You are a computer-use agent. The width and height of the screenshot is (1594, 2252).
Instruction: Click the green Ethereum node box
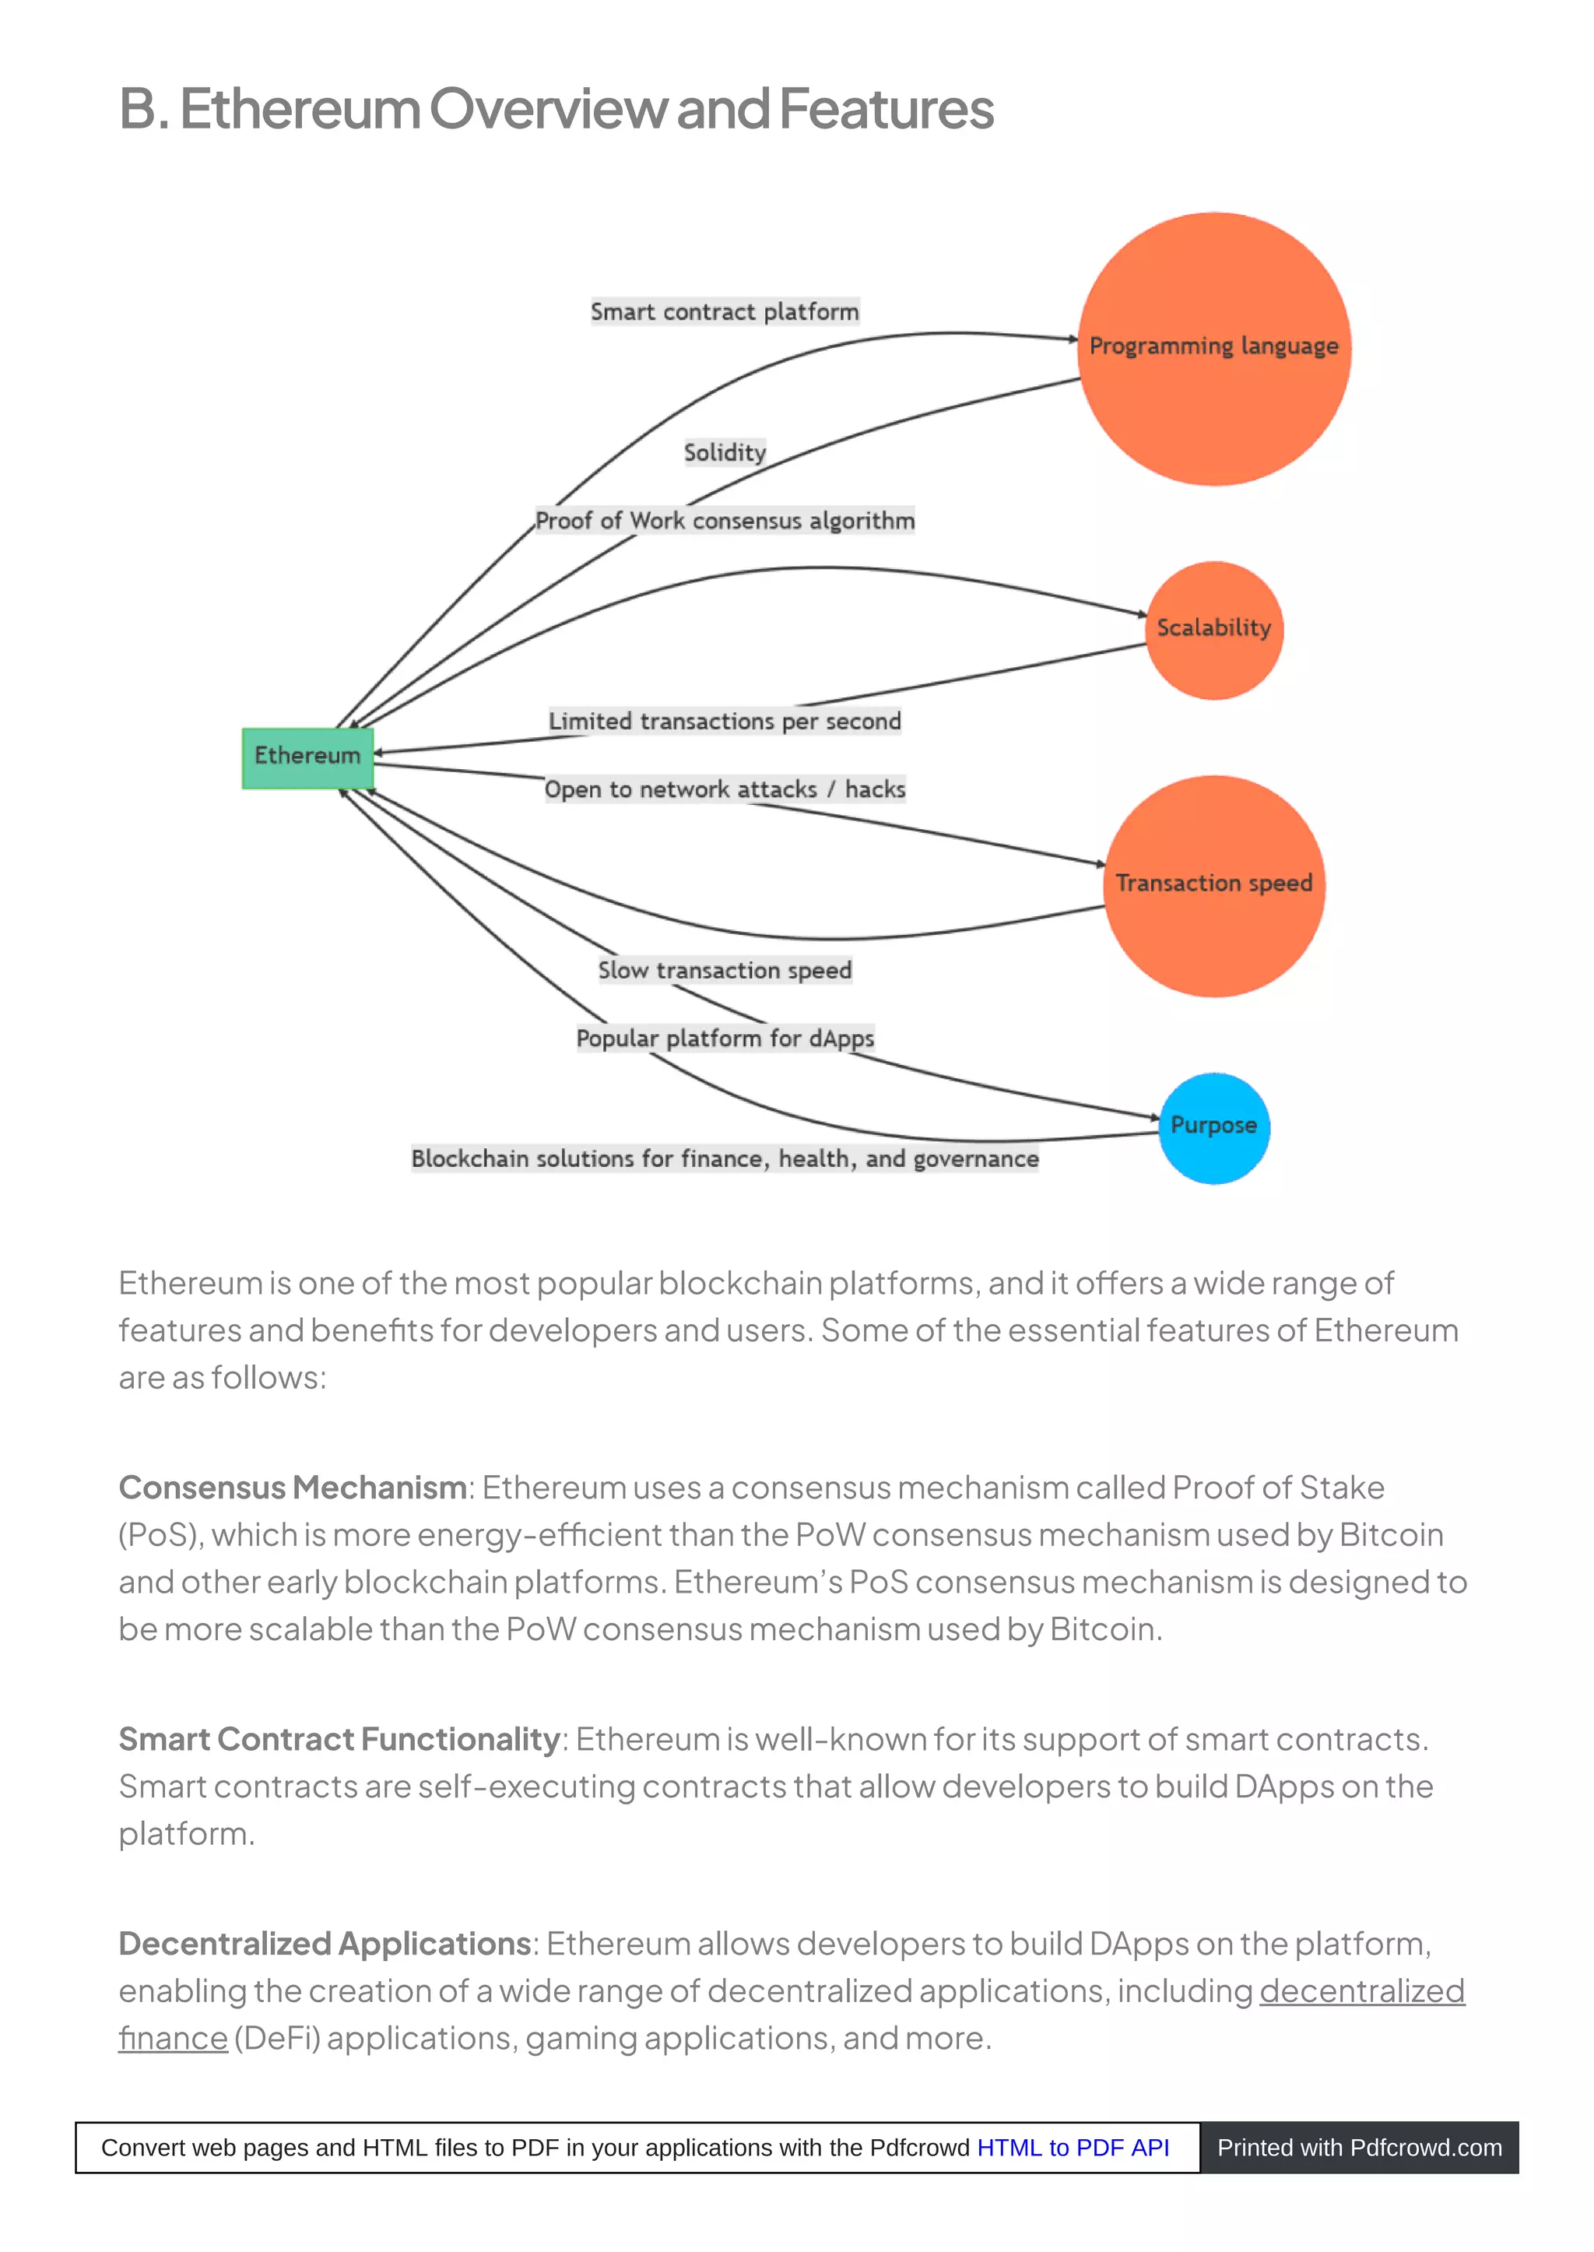(x=307, y=757)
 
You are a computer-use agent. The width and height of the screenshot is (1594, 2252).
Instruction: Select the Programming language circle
(x=1214, y=349)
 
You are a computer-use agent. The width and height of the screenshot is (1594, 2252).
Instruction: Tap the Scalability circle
(x=1214, y=629)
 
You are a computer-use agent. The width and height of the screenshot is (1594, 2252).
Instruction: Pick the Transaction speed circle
(x=1214, y=886)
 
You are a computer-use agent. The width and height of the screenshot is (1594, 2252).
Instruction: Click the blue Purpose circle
(x=1214, y=1127)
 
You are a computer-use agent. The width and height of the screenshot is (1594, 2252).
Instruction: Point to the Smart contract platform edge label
(x=725, y=312)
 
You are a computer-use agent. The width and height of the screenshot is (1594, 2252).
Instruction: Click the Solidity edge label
(x=725, y=452)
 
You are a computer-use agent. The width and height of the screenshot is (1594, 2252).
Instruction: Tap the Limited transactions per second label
(x=725, y=722)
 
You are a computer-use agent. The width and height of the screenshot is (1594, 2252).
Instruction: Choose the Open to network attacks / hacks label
(x=725, y=789)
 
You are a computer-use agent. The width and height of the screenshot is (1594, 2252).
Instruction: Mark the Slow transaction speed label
(x=725, y=970)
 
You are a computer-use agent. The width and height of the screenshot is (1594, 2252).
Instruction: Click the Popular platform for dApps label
(x=725, y=1038)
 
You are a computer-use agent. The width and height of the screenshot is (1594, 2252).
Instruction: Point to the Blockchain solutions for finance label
(x=725, y=1158)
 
